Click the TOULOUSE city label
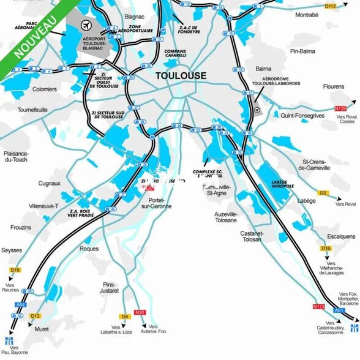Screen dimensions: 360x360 181,76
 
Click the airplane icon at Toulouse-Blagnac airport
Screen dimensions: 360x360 86,25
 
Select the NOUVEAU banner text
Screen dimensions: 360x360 35,36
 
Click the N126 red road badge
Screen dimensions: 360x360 341,109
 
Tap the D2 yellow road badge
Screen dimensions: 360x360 323,193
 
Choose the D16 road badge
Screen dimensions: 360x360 326,249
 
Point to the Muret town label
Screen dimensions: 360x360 41,329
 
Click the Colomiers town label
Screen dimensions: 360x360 44,89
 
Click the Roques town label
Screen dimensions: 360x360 89,249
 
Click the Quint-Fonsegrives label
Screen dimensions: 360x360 302,115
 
